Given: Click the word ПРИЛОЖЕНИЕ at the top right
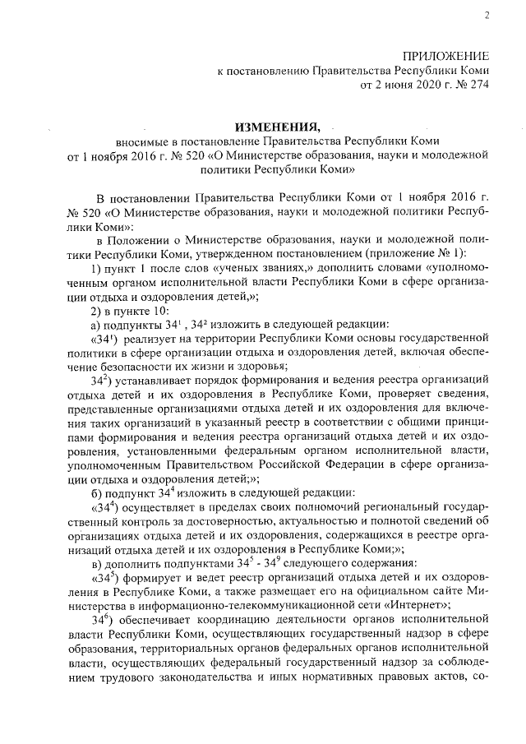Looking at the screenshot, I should click(x=444, y=56).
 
